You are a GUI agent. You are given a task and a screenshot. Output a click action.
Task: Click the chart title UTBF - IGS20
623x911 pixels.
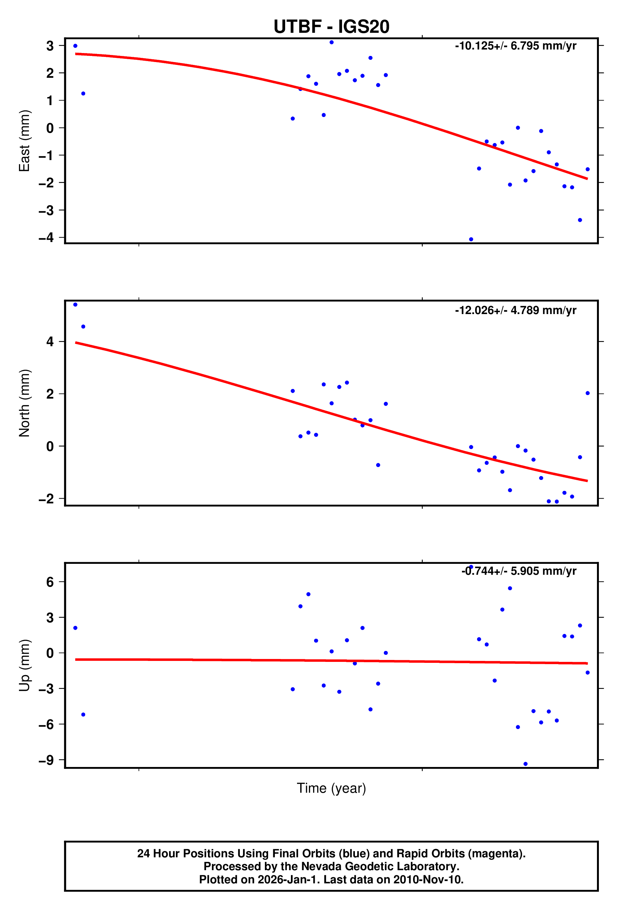point(331,27)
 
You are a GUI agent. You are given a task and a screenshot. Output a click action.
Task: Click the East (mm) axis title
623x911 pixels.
point(24,141)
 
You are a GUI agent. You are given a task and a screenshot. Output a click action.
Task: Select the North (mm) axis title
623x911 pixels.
point(24,403)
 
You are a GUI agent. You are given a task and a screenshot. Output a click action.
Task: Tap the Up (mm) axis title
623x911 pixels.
point(24,666)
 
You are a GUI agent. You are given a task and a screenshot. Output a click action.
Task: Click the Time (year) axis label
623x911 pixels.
point(331,788)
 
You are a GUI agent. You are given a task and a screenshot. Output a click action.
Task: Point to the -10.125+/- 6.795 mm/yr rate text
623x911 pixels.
point(515,46)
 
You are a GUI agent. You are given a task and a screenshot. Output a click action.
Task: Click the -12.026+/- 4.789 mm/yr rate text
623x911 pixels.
point(515,311)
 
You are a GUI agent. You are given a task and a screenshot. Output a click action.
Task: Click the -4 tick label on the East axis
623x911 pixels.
point(46,238)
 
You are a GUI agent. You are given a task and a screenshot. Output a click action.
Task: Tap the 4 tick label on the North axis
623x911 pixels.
point(50,342)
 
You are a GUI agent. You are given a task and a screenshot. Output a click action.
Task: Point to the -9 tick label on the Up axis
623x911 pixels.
point(46,761)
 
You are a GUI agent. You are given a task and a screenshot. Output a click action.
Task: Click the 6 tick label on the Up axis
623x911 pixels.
point(50,582)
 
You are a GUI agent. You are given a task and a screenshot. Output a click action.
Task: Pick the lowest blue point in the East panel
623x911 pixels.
point(471,239)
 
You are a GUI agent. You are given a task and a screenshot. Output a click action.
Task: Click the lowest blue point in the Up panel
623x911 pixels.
point(525,764)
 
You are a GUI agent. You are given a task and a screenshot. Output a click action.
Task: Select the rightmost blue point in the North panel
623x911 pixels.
point(587,393)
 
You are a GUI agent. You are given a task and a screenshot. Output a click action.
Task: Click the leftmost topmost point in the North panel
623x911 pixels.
point(75,305)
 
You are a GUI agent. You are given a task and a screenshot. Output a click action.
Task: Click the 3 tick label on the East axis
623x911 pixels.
point(50,46)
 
